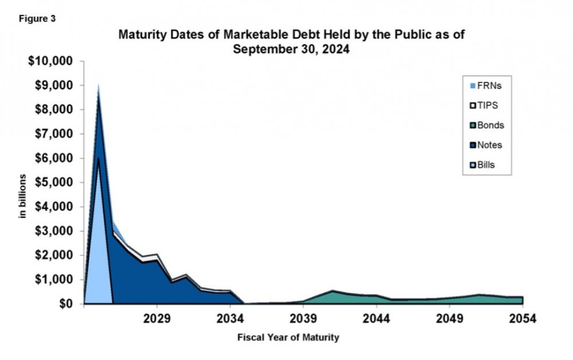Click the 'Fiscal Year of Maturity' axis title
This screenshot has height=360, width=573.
[x=288, y=338]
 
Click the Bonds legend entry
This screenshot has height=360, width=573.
[x=487, y=126]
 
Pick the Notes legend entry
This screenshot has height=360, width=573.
[x=487, y=145]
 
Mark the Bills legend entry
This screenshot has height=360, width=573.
[x=485, y=165]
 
